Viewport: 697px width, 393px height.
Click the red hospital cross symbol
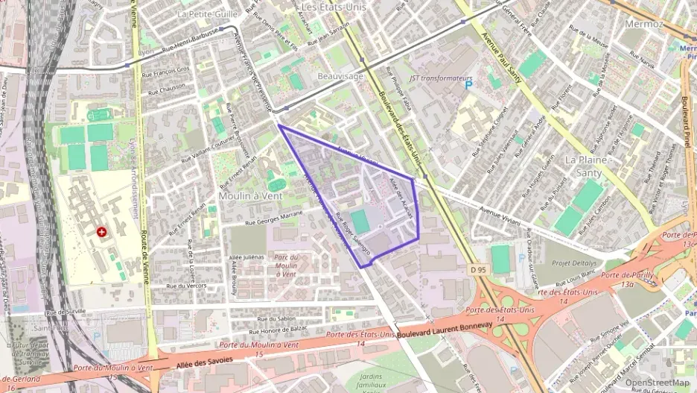[x=101, y=233]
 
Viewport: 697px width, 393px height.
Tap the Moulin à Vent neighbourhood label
[x=250, y=195]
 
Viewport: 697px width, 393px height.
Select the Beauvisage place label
[x=340, y=76]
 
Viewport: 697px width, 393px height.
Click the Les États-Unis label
[x=334, y=7]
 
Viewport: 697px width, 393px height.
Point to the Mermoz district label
[x=644, y=24]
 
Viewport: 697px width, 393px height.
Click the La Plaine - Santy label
[x=588, y=166]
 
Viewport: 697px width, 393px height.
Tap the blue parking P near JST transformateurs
[x=468, y=86]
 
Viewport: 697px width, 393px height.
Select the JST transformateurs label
[x=442, y=78]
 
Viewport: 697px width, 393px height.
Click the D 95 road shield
[x=477, y=268]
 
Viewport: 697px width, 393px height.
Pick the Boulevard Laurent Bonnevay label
[x=445, y=329]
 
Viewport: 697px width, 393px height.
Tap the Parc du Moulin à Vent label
[x=285, y=265]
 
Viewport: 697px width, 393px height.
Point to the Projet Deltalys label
[x=575, y=262]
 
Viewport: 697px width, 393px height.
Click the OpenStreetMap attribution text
[x=658, y=383]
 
